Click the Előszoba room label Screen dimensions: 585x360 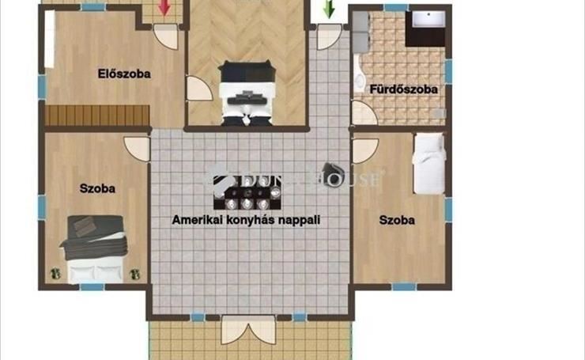(x=124, y=74)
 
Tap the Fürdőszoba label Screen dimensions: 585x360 (x=404, y=89)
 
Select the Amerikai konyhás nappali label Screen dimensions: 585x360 (x=246, y=220)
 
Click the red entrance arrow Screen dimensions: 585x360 (x=164, y=8)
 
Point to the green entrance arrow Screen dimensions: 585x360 (x=329, y=9)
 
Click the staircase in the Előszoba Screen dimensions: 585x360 (x=97, y=116)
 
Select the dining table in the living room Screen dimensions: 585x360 (x=247, y=192)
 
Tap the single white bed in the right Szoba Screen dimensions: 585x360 (x=429, y=163)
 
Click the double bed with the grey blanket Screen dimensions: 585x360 (x=95, y=248)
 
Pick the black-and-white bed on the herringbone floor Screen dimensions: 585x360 (x=247, y=93)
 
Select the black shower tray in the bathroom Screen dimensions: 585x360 (x=425, y=28)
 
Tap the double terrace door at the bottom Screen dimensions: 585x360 (x=248, y=330)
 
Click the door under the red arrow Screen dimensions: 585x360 (x=166, y=36)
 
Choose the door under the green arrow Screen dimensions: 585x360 (x=329, y=36)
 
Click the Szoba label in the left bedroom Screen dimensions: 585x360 (x=97, y=188)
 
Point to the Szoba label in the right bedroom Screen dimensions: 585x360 (x=397, y=220)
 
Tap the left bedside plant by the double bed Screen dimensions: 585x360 (x=55, y=274)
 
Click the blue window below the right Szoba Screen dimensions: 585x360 (x=404, y=286)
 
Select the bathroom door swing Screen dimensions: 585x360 (x=364, y=113)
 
